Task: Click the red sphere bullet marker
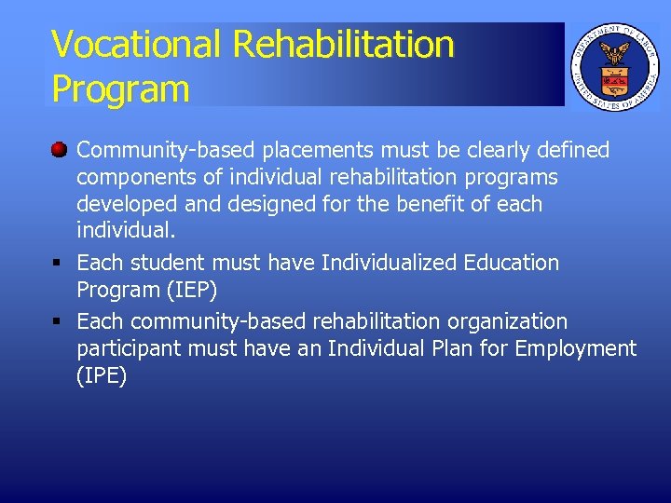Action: [59, 149]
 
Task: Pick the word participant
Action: [130, 349]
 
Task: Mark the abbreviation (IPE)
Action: [102, 376]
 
